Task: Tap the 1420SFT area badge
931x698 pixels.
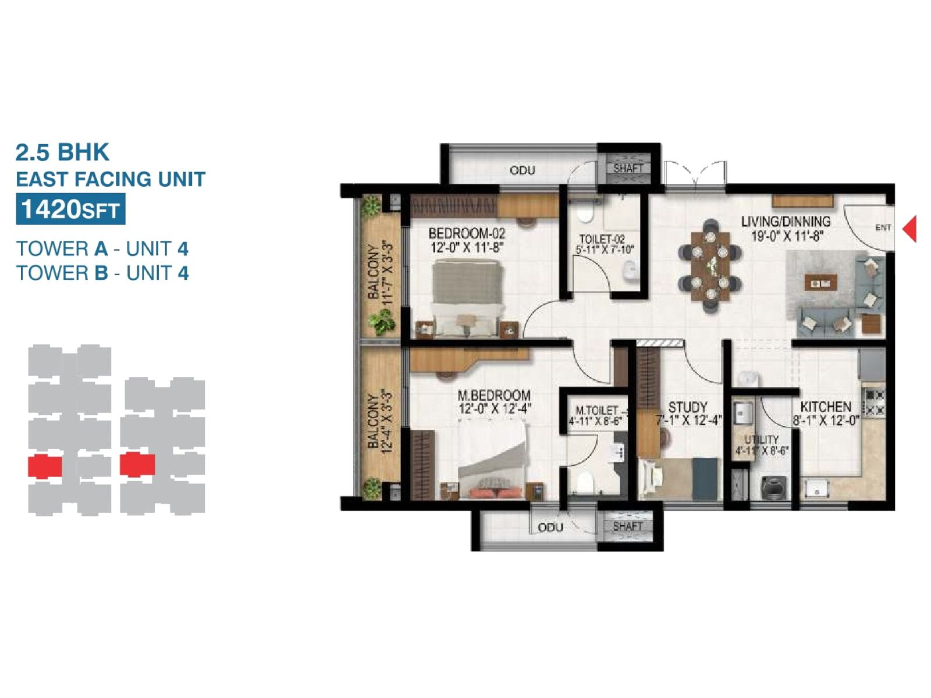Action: [70, 209]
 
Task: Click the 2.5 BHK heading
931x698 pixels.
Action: [62, 152]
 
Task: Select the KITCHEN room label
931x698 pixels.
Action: [826, 407]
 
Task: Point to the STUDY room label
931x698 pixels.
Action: [687, 407]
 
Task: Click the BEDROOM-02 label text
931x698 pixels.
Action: [467, 233]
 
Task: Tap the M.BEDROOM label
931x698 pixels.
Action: [494, 396]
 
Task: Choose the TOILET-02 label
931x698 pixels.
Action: [602, 239]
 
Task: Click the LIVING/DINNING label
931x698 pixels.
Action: [786, 221]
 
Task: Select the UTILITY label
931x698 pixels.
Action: [761, 439]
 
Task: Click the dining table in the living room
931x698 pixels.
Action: [710, 266]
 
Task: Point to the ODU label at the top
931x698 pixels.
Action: [522, 170]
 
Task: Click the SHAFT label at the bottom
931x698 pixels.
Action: [628, 526]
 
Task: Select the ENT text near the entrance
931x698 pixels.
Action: [883, 227]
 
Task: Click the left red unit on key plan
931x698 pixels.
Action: [45, 466]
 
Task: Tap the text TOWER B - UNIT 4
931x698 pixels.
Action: [102, 273]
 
